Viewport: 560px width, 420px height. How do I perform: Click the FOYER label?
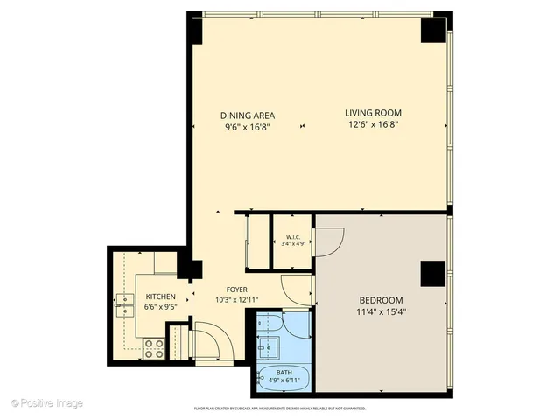(236, 289)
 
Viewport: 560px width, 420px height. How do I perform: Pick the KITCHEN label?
(161, 297)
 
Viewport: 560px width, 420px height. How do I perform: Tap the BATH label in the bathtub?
(283, 373)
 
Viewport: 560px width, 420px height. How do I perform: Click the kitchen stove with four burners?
(154, 348)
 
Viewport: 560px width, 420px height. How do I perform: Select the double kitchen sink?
(122, 303)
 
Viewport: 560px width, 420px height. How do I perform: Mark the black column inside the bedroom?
(431, 274)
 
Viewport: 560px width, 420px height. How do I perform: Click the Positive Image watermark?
(47, 403)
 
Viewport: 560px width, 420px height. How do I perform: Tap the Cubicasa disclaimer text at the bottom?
(280, 409)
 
